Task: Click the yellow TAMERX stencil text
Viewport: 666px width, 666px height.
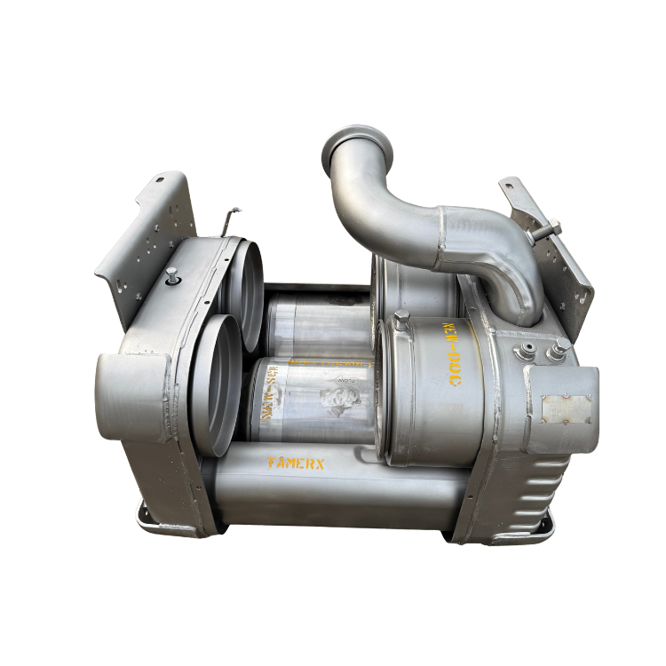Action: coord(297,463)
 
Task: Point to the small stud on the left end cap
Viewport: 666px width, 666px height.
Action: coord(170,275)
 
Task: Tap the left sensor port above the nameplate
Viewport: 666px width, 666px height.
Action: coord(530,352)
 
